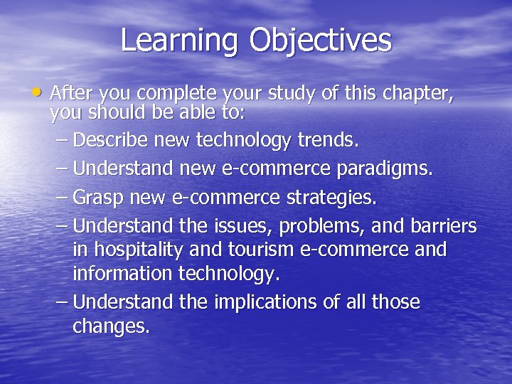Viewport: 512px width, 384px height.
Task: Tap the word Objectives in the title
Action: (320, 41)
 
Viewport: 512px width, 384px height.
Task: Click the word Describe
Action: (110, 140)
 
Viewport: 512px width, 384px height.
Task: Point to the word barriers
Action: (443, 226)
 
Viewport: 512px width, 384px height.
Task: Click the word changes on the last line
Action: (110, 327)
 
